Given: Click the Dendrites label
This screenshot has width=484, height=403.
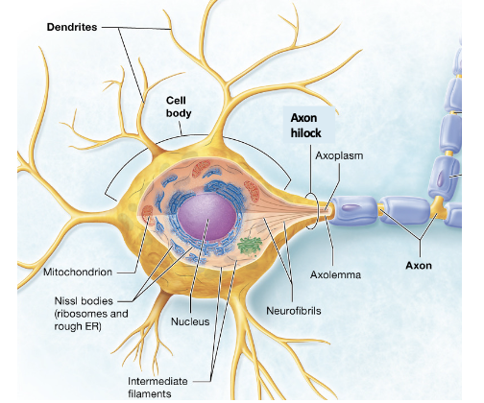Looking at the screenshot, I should click(72, 26).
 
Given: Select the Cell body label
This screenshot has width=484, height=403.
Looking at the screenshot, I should click(180, 106).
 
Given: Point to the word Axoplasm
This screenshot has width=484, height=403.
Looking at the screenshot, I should click(339, 154).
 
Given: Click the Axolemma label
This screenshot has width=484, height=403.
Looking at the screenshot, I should click(335, 275).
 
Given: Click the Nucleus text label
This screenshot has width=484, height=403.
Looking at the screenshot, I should click(190, 320).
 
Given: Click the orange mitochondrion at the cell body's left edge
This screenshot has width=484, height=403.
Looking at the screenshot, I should click(151, 225).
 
